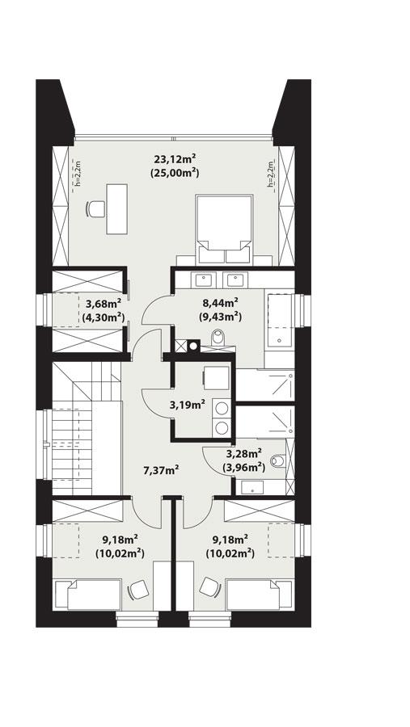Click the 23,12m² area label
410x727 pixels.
(x=175, y=158)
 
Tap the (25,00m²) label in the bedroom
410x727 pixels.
(x=175, y=173)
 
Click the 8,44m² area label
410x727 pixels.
(x=220, y=304)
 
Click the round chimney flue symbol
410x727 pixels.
(x=194, y=347)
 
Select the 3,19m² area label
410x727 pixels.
(x=186, y=405)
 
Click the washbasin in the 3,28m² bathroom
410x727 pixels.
(x=252, y=486)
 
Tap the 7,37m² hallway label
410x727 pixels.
(x=161, y=469)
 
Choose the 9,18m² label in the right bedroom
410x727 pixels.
(x=230, y=539)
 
